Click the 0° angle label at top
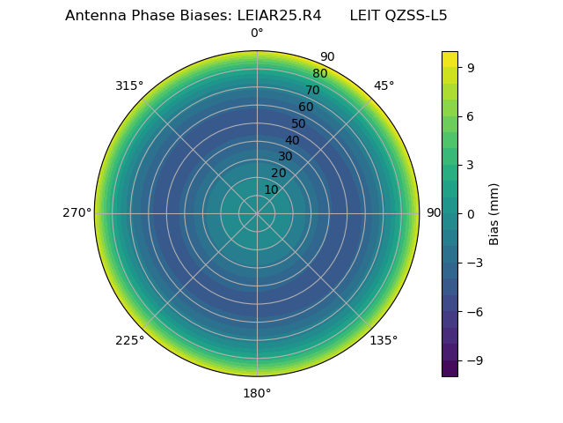pos(257,33)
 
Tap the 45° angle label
pos(384,85)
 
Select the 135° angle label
pos(384,340)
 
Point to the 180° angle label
pos(257,393)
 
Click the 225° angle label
pos(129,340)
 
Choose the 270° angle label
pos(77,213)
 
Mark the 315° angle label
pos(129,85)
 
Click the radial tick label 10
pos(271,189)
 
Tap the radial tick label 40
pos(292,140)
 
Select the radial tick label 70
pos(312,90)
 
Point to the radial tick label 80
pos(319,74)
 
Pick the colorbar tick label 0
pos(471,214)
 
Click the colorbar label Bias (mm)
pos(494,214)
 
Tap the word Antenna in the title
pos(91,16)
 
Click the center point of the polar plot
pos(257,213)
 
